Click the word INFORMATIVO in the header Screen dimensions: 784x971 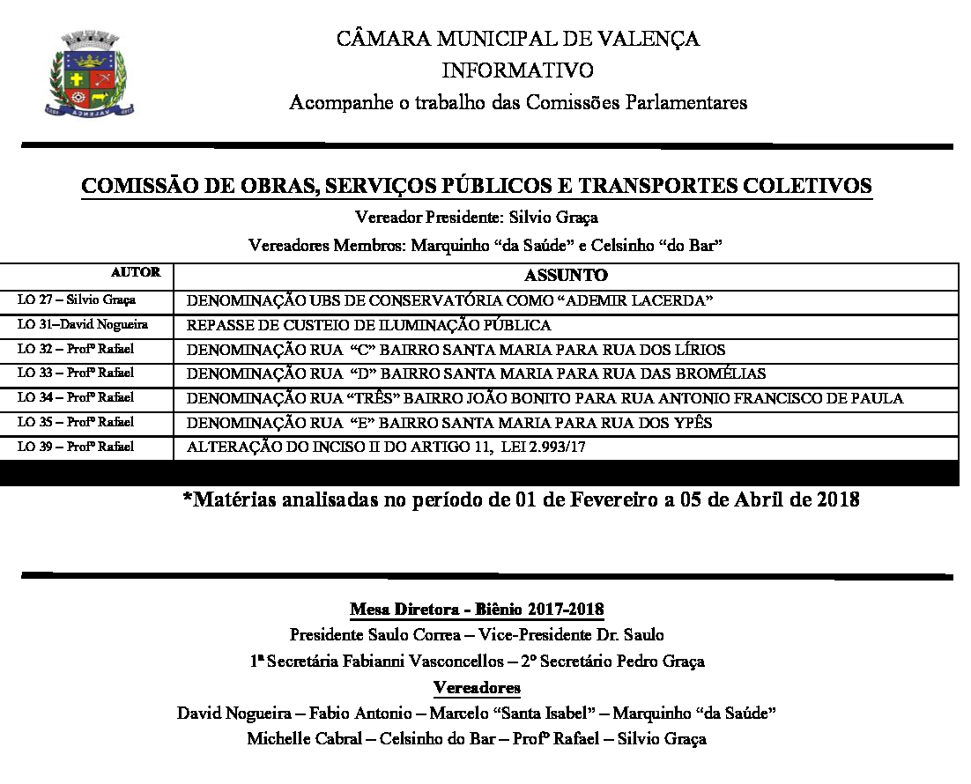pos(517,70)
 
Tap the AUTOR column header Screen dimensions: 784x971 pos(136,273)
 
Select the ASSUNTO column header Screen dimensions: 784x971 pos(566,276)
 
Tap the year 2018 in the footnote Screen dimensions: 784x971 pos(836,500)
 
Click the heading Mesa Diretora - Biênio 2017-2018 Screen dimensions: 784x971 pos(477,610)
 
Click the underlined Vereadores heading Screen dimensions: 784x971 pos(477,687)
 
